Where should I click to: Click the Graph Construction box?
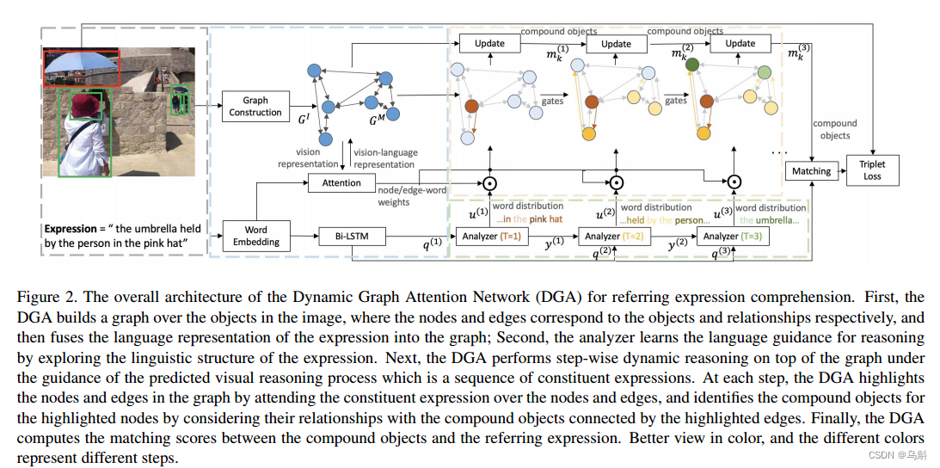coord(255,107)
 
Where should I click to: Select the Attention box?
coord(342,183)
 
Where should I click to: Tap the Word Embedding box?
coord(255,236)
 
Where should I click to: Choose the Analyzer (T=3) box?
coord(734,236)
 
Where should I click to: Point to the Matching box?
coord(811,171)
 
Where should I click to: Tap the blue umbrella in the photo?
coord(82,62)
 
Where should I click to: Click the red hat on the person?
coord(86,107)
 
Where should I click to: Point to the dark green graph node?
coord(691,64)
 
